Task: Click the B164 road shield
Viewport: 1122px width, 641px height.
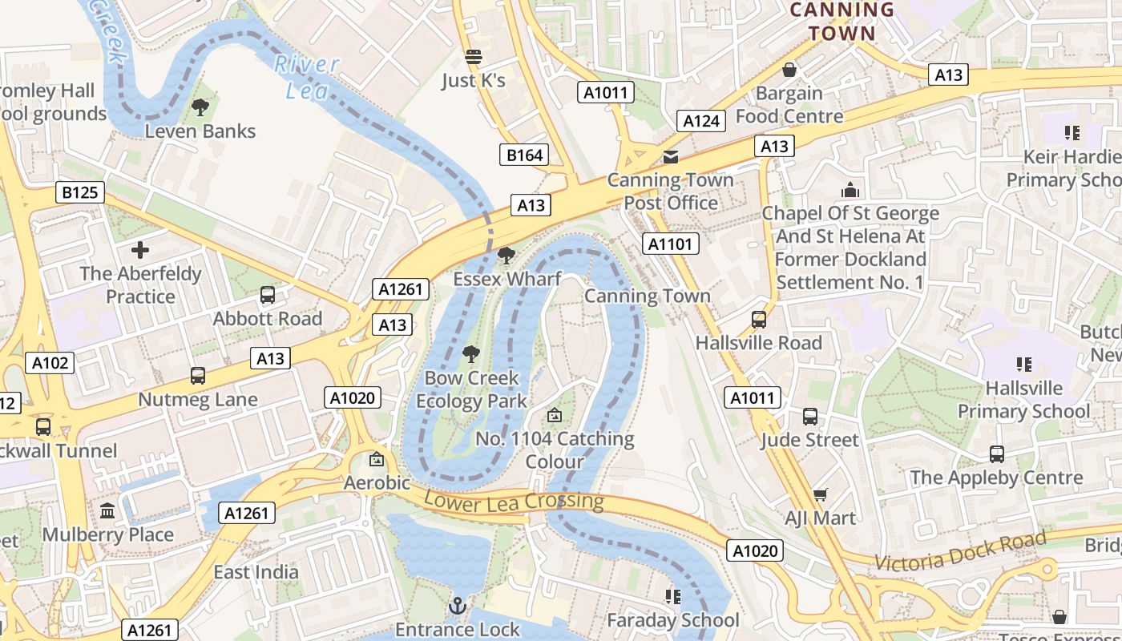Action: point(525,155)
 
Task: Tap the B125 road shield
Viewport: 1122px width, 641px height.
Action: point(79,192)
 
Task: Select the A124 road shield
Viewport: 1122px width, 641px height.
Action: point(701,121)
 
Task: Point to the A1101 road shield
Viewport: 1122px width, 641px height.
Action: point(671,244)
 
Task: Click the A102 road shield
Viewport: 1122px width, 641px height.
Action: point(50,363)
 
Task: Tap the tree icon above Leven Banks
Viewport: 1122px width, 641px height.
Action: point(200,107)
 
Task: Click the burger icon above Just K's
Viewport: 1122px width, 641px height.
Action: point(474,57)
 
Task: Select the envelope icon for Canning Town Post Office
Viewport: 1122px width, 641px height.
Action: point(670,156)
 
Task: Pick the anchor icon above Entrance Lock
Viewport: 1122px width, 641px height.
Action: point(458,606)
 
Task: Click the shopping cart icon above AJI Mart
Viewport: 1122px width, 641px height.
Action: point(820,494)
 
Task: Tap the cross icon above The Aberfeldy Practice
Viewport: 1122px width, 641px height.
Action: point(140,250)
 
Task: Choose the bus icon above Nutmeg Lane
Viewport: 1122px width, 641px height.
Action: point(197,375)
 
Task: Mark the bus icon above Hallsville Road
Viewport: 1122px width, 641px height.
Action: point(758,320)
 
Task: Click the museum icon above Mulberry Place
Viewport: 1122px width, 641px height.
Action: point(107,510)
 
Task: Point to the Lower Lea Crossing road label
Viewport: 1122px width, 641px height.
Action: point(514,502)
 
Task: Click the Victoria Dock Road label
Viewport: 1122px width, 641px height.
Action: point(961,551)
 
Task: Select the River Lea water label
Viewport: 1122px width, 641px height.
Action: point(307,78)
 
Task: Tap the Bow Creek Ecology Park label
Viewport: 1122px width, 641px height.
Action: point(471,389)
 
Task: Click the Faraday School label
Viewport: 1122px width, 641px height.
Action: point(673,620)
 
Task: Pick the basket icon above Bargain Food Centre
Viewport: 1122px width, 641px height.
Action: point(789,70)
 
